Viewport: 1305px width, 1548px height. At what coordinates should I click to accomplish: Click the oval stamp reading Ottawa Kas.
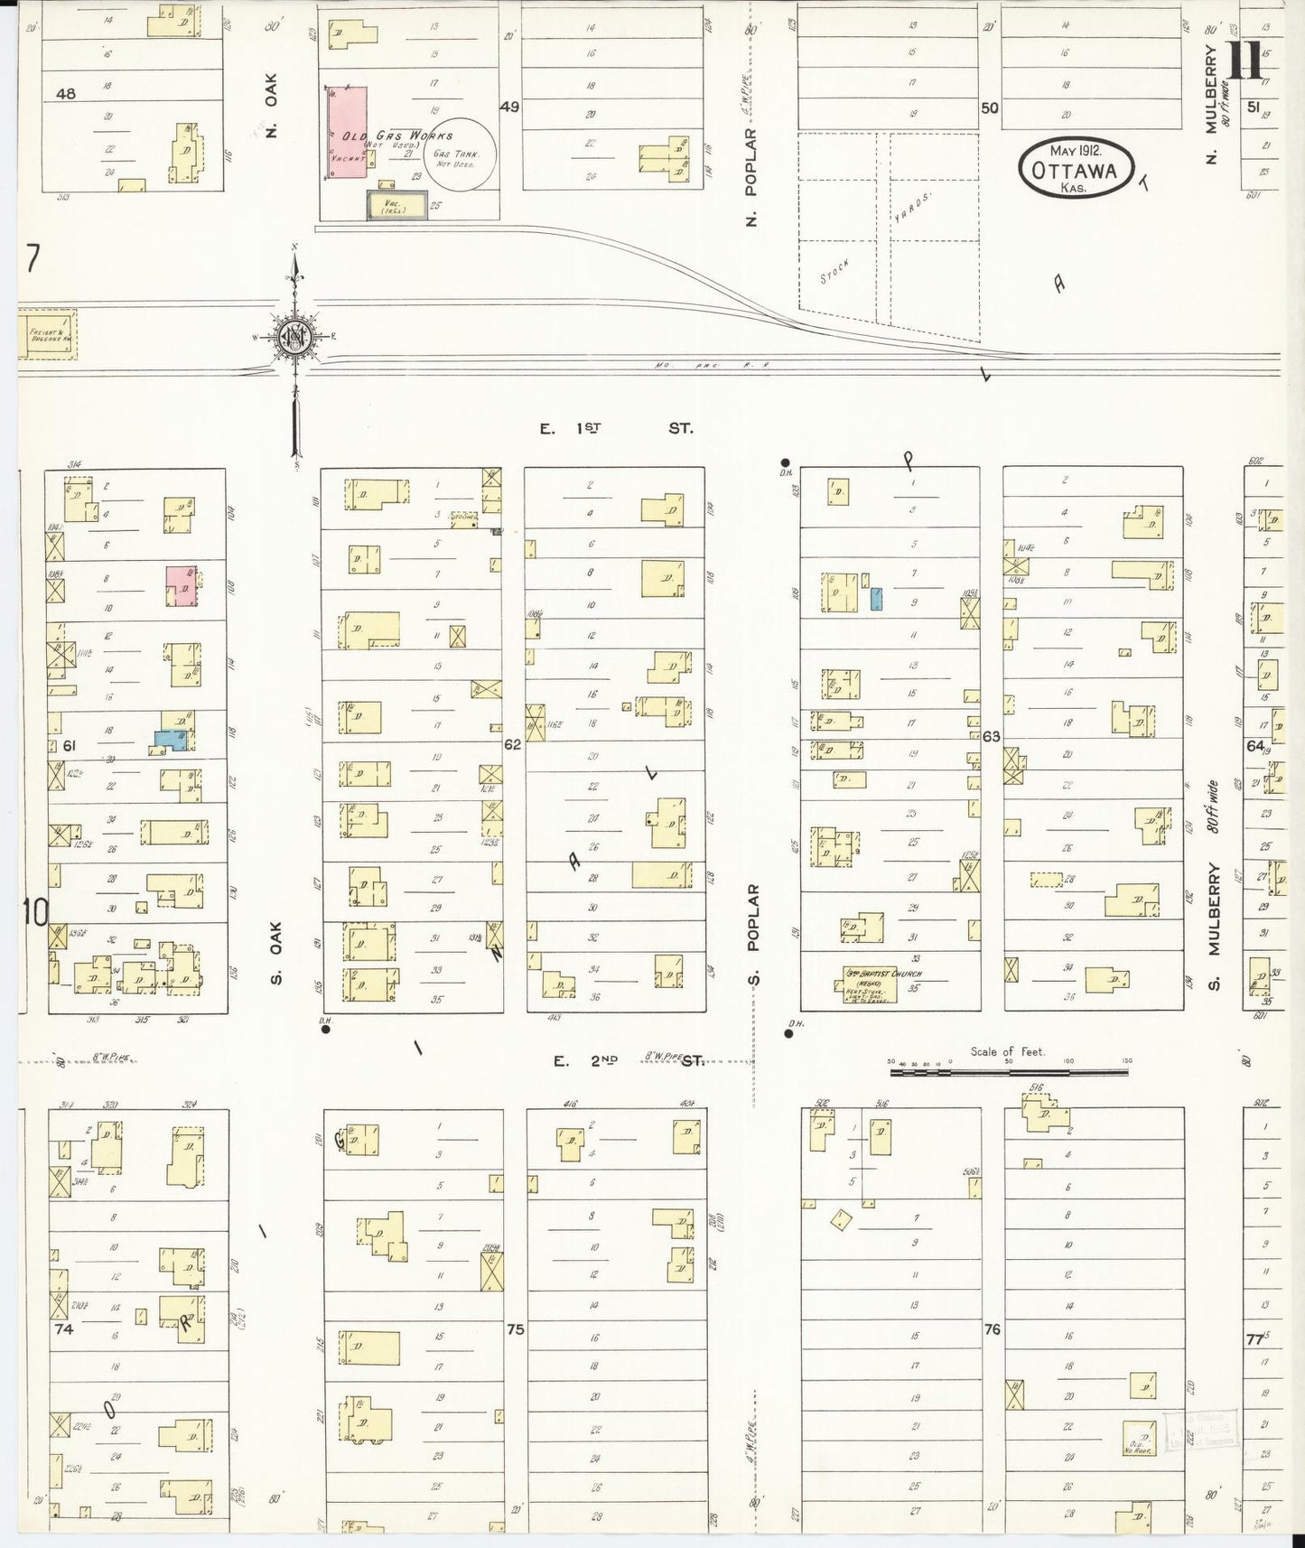(x=1075, y=169)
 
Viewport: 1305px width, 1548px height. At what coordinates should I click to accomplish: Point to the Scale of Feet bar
(x=1009, y=1072)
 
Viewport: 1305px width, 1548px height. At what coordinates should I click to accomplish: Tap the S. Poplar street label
(x=753, y=934)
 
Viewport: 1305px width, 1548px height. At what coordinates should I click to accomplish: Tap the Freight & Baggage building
(x=47, y=334)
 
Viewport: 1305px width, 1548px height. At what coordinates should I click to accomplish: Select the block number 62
(x=513, y=744)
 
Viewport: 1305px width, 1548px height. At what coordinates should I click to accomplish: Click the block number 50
(x=990, y=107)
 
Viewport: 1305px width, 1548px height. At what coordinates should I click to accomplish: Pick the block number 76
(x=992, y=1329)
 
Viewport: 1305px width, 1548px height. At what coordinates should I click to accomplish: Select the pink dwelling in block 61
(x=181, y=585)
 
